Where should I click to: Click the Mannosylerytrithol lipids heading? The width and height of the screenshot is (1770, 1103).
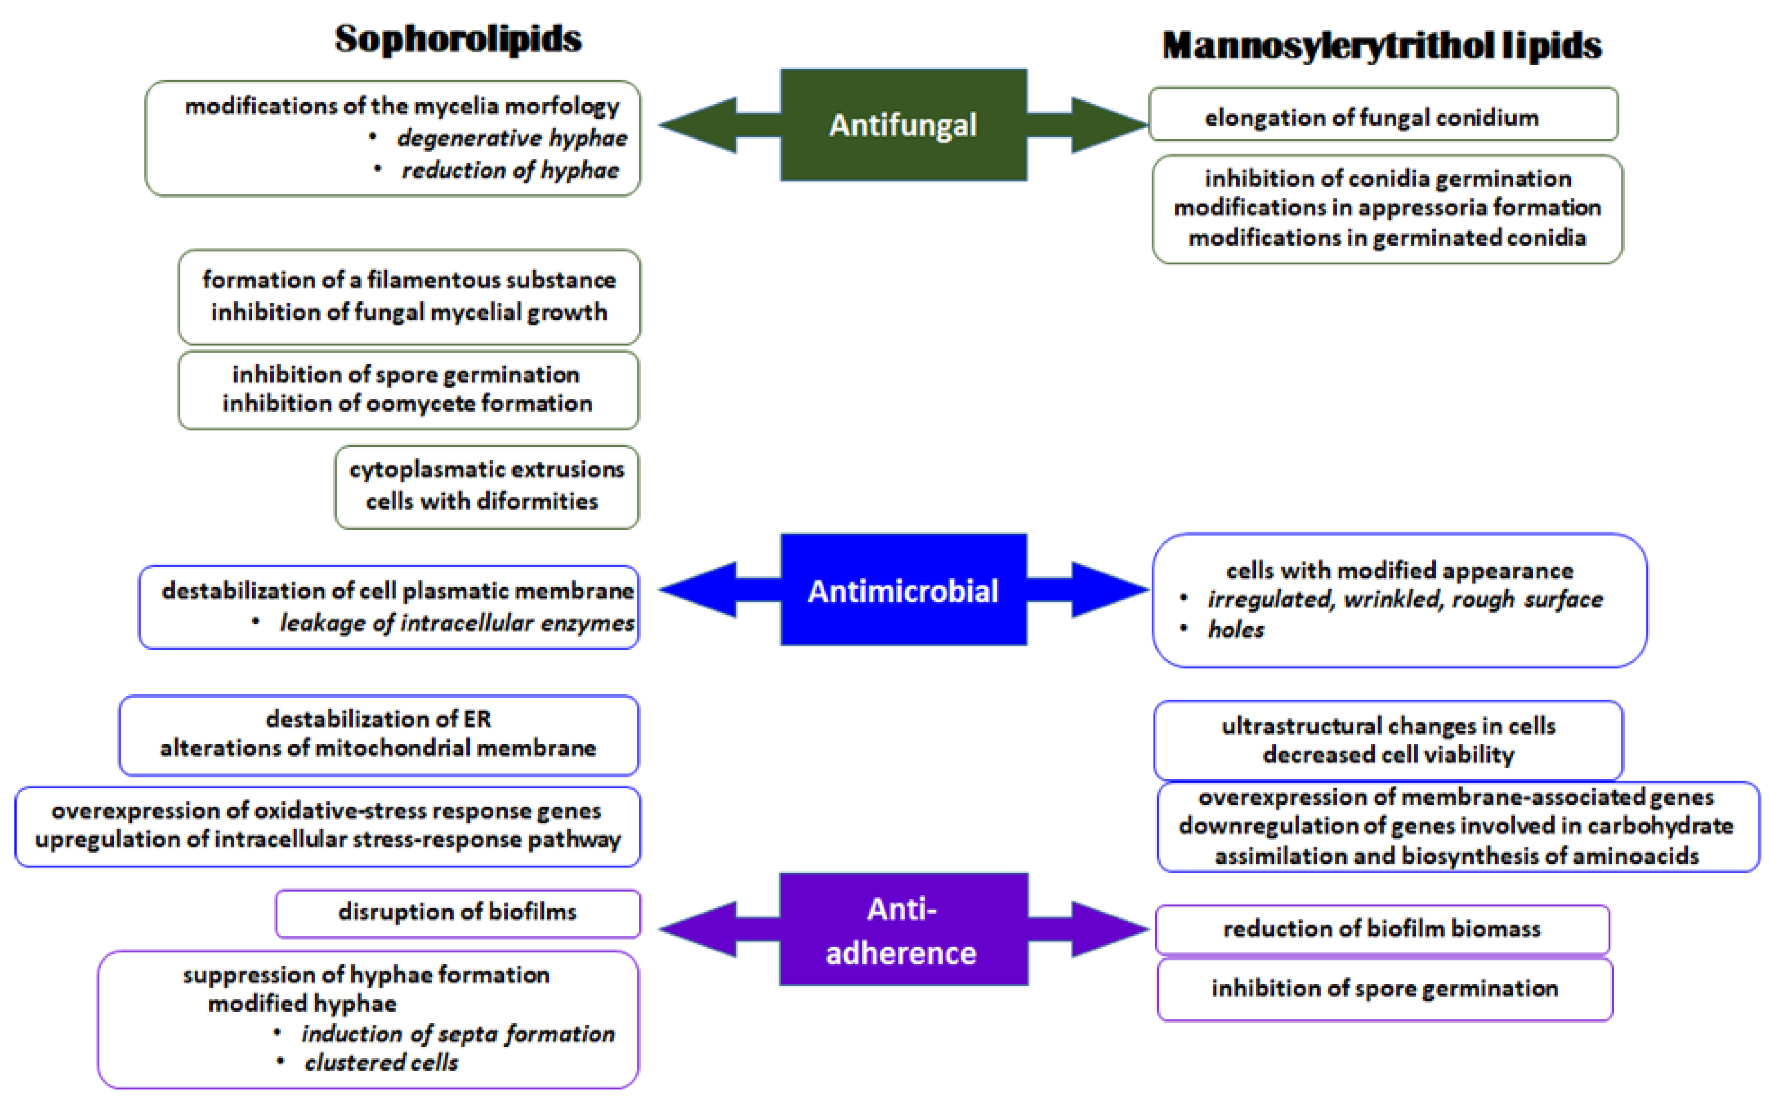coord(1381,45)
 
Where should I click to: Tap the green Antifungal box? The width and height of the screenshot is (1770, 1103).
coord(903,125)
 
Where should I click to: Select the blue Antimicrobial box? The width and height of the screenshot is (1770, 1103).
coord(903,590)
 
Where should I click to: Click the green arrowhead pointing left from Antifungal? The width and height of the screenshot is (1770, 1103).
coord(697,125)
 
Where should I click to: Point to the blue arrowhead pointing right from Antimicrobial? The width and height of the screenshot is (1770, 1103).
coord(1109,589)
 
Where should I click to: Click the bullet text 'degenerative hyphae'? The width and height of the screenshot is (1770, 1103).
coord(511,138)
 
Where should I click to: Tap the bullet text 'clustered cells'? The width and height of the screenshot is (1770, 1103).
coord(381,1062)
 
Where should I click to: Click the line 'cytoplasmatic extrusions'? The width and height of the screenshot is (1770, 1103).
coord(487,469)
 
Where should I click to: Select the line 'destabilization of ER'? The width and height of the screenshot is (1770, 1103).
coord(378,719)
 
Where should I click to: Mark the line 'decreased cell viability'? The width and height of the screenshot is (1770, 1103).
coord(1388,755)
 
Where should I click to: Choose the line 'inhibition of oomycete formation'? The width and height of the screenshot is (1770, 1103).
coord(407,403)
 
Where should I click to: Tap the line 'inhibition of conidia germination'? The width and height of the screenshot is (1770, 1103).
coord(1387,178)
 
